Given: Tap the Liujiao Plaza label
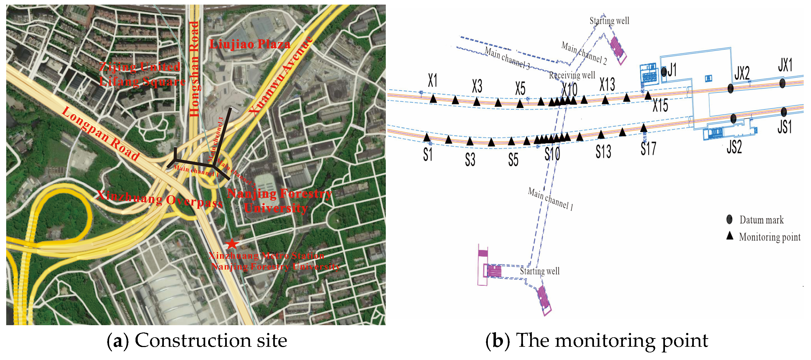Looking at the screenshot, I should [x=250, y=44].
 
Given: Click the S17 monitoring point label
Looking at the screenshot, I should [x=648, y=149].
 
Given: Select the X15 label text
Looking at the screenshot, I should [x=660, y=105].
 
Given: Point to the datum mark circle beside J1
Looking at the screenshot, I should [x=664, y=72].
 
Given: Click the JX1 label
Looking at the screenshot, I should [x=785, y=65].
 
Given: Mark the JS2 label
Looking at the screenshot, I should [x=734, y=147].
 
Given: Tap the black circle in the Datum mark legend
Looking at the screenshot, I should [x=729, y=220].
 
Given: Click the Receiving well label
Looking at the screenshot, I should [x=572, y=75].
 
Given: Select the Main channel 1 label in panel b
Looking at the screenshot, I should [x=550, y=199].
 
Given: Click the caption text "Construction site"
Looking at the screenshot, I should [x=211, y=341].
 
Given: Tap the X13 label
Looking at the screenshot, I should [x=607, y=85].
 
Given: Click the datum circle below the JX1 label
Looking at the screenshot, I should [x=782, y=83].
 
